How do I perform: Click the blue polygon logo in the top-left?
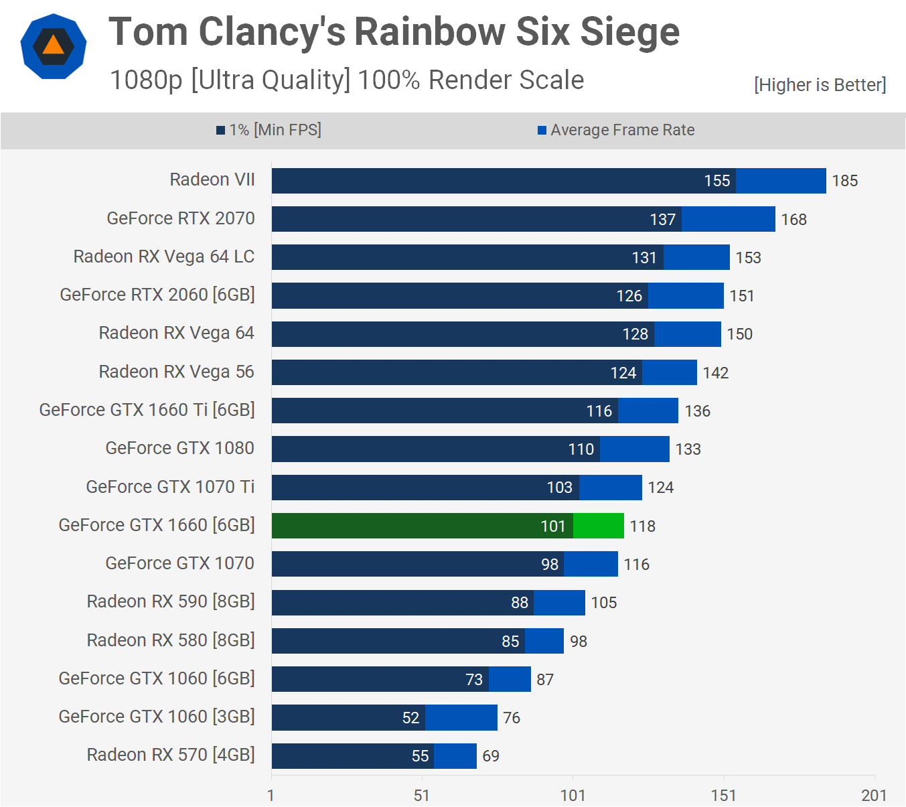[54, 46]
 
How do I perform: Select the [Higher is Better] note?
[820, 85]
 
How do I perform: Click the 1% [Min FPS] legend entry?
[269, 130]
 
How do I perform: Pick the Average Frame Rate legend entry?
[616, 130]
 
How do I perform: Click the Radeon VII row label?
[212, 179]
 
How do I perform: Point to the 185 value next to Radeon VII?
[844, 181]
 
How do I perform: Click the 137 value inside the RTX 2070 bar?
[662, 220]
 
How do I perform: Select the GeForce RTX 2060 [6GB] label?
[157, 295]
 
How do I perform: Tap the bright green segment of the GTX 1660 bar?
[599, 526]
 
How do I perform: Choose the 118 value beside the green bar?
[642, 526]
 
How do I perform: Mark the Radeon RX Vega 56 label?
[176, 372]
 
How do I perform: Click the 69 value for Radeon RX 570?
[491, 756]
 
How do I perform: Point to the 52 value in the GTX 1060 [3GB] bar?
[410, 718]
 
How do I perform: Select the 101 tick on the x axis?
[573, 796]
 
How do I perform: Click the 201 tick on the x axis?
[874, 796]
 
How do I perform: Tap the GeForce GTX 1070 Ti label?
[170, 487]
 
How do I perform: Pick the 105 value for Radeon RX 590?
[603, 603]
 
